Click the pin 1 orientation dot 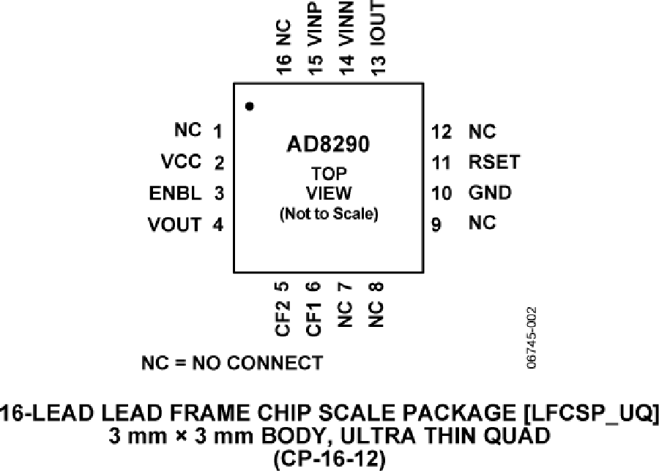point(250,107)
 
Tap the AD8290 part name point(328,144)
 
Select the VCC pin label point(180,162)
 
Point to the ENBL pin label point(175,193)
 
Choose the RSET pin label point(494,162)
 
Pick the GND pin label point(490,193)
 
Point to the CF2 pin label point(283,320)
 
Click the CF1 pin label point(313,320)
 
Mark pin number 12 point(441,132)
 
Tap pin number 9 point(436,225)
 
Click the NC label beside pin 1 point(187,130)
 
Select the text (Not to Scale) point(328,216)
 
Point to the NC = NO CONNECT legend point(231,363)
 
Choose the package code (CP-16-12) point(329,459)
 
